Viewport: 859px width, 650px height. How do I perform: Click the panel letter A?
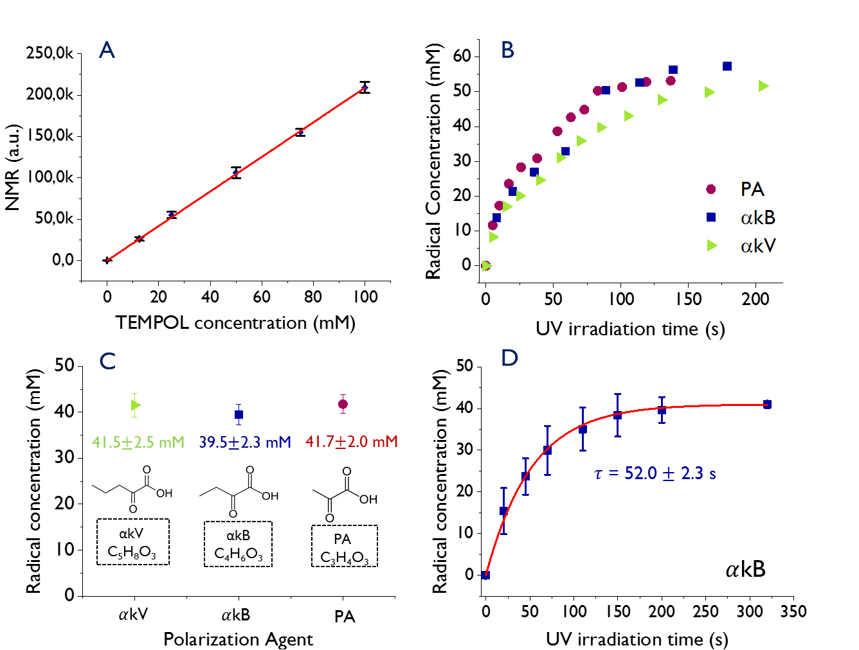(x=107, y=50)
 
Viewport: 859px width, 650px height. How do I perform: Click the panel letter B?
(x=508, y=50)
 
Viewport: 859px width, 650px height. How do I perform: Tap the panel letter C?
(x=108, y=361)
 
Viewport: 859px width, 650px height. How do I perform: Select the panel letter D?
(x=509, y=358)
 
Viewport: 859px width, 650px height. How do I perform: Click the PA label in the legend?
(x=752, y=189)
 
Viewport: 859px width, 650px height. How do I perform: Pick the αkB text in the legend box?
(x=758, y=218)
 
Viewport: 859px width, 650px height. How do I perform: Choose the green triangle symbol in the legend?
(x=712, y=245)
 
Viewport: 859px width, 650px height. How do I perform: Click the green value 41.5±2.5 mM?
(x=138, y=442)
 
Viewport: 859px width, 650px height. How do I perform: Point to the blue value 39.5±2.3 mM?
(x=245, y=443)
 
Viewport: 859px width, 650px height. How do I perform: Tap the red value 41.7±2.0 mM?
(x=352, y=442)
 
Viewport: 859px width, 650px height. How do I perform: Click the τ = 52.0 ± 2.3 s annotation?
(x=655, y=474)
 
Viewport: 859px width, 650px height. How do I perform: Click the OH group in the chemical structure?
(x=270, y=496)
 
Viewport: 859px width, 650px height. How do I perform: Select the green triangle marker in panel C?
(x=135, y=405)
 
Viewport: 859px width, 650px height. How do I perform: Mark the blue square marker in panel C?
(x=239, y=415)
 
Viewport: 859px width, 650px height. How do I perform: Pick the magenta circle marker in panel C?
(x=343, y=404)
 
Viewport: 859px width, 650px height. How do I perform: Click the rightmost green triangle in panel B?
(x=763, y=86)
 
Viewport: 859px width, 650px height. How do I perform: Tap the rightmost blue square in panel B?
(x=727, y=66)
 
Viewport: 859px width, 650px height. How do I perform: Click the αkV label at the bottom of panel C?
(x=134, y=614)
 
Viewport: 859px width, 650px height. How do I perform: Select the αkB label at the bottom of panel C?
(x=236, y=615)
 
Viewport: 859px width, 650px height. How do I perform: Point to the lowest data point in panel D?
(x=486, y=575)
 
